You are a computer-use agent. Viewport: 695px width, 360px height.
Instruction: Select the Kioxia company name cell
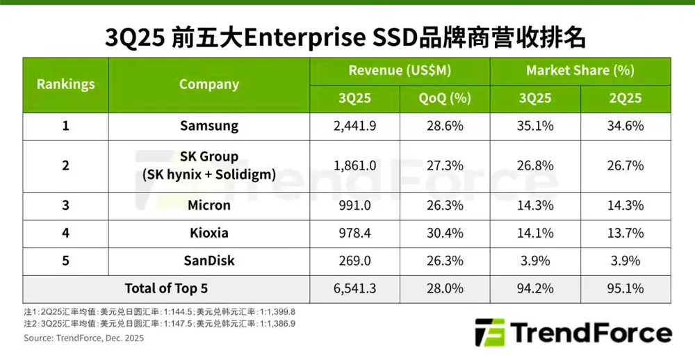208,233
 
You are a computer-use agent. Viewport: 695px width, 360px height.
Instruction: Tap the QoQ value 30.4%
445,233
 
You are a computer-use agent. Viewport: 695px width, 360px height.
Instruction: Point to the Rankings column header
65,84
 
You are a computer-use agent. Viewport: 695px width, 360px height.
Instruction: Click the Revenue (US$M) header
400,71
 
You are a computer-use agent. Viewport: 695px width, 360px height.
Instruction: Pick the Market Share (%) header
580,71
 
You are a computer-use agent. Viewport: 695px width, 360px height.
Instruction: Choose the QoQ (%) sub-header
445,99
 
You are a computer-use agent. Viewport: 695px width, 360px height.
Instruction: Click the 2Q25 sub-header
625,99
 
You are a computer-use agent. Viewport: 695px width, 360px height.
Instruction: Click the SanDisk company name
208,261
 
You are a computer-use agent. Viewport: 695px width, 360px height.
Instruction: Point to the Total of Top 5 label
166,288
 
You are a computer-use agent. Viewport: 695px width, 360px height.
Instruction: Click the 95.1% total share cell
625,288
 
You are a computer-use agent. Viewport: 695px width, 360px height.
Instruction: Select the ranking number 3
65,206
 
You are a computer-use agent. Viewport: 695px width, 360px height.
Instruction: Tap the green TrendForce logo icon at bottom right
489,332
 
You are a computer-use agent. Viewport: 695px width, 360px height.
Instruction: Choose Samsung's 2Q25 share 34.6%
625,126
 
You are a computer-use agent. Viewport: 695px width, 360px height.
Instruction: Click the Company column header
208,84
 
